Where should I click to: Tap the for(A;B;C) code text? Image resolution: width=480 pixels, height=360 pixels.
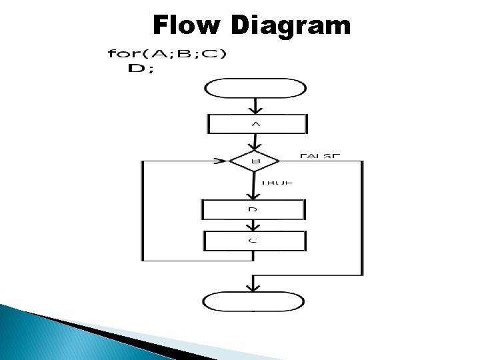pos(167,55)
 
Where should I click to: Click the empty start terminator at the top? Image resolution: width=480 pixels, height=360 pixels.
pos(256,88)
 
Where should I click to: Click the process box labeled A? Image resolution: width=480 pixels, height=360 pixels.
pos(257,124)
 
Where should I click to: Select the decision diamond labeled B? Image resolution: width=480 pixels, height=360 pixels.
pos(255,161)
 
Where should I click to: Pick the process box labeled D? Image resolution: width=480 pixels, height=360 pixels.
pos(253,209)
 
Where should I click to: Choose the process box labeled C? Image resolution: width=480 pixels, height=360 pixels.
pos(255,241)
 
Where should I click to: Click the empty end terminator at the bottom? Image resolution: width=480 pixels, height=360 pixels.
pos(253,301)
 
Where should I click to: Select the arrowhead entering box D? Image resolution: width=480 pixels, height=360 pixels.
pos(253,195)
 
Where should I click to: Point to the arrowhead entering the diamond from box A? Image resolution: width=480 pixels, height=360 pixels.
pos(255,147)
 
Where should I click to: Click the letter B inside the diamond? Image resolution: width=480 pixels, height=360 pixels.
pos(255,161)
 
